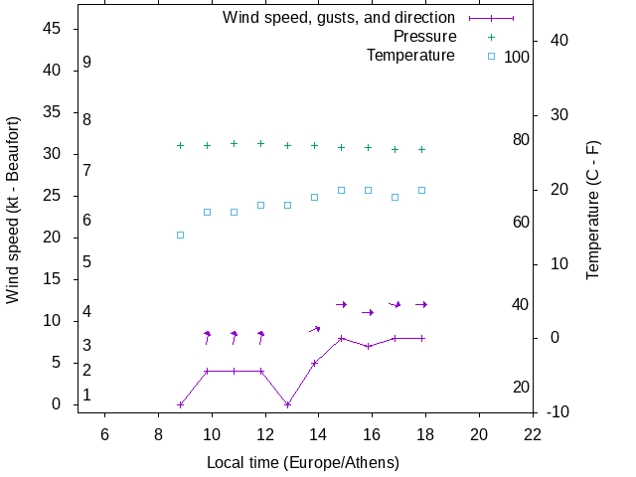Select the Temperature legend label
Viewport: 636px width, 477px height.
[x=410, y=56]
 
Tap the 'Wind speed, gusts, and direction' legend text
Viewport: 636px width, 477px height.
[x=339, y=18]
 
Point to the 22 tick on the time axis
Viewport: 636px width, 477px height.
[x=533, y=433]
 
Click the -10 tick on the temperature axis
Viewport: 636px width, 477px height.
[x=554, y=412]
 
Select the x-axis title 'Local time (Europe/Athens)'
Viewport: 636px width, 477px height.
[x=302, y=463]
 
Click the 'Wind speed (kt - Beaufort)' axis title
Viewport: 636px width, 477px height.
[x=13, y=211]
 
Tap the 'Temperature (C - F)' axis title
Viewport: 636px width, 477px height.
[x=593, y=211]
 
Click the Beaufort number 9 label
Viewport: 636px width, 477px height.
[x=87, y=62]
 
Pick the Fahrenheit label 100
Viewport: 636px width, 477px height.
[x=517, y=57]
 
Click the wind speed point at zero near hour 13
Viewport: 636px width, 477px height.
[x=287, y=404]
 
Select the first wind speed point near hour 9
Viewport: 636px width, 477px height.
[x=180, y=404]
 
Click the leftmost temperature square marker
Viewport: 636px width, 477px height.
[x=180, y=236]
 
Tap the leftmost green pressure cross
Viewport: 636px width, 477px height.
[x=180, y=145]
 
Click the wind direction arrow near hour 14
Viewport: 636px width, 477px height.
[x=315, y=329]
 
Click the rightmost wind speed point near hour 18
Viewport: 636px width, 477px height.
[x=421, y=338]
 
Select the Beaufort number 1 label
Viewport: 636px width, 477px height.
[x=87, y=395]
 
